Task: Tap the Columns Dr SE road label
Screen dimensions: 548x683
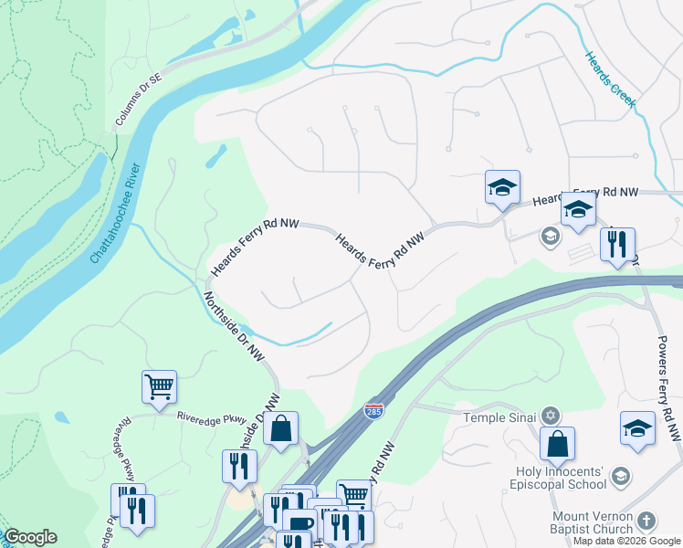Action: (x=138, y=100)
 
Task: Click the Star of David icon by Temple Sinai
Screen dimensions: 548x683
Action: (x=551, y=416)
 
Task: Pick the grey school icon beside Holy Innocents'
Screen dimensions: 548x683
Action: (x=621, y=477)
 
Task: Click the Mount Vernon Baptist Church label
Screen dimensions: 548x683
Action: (x=592, y=522)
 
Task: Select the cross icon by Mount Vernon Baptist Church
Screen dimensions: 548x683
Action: (x=646, y=522)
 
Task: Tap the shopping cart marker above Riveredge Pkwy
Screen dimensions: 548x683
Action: (x=159, y=386)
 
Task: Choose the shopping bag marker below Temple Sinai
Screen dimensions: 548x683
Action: (x=557, y=445)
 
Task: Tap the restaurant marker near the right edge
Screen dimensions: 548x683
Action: (x=617, y=244)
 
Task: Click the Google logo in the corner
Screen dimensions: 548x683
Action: (x=30, y=537)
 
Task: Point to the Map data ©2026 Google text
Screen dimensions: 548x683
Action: (x=626, y=541)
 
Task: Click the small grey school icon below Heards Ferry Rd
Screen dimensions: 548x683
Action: (x=550, y=237)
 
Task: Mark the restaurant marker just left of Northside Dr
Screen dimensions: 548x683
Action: (x=239, y=466)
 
